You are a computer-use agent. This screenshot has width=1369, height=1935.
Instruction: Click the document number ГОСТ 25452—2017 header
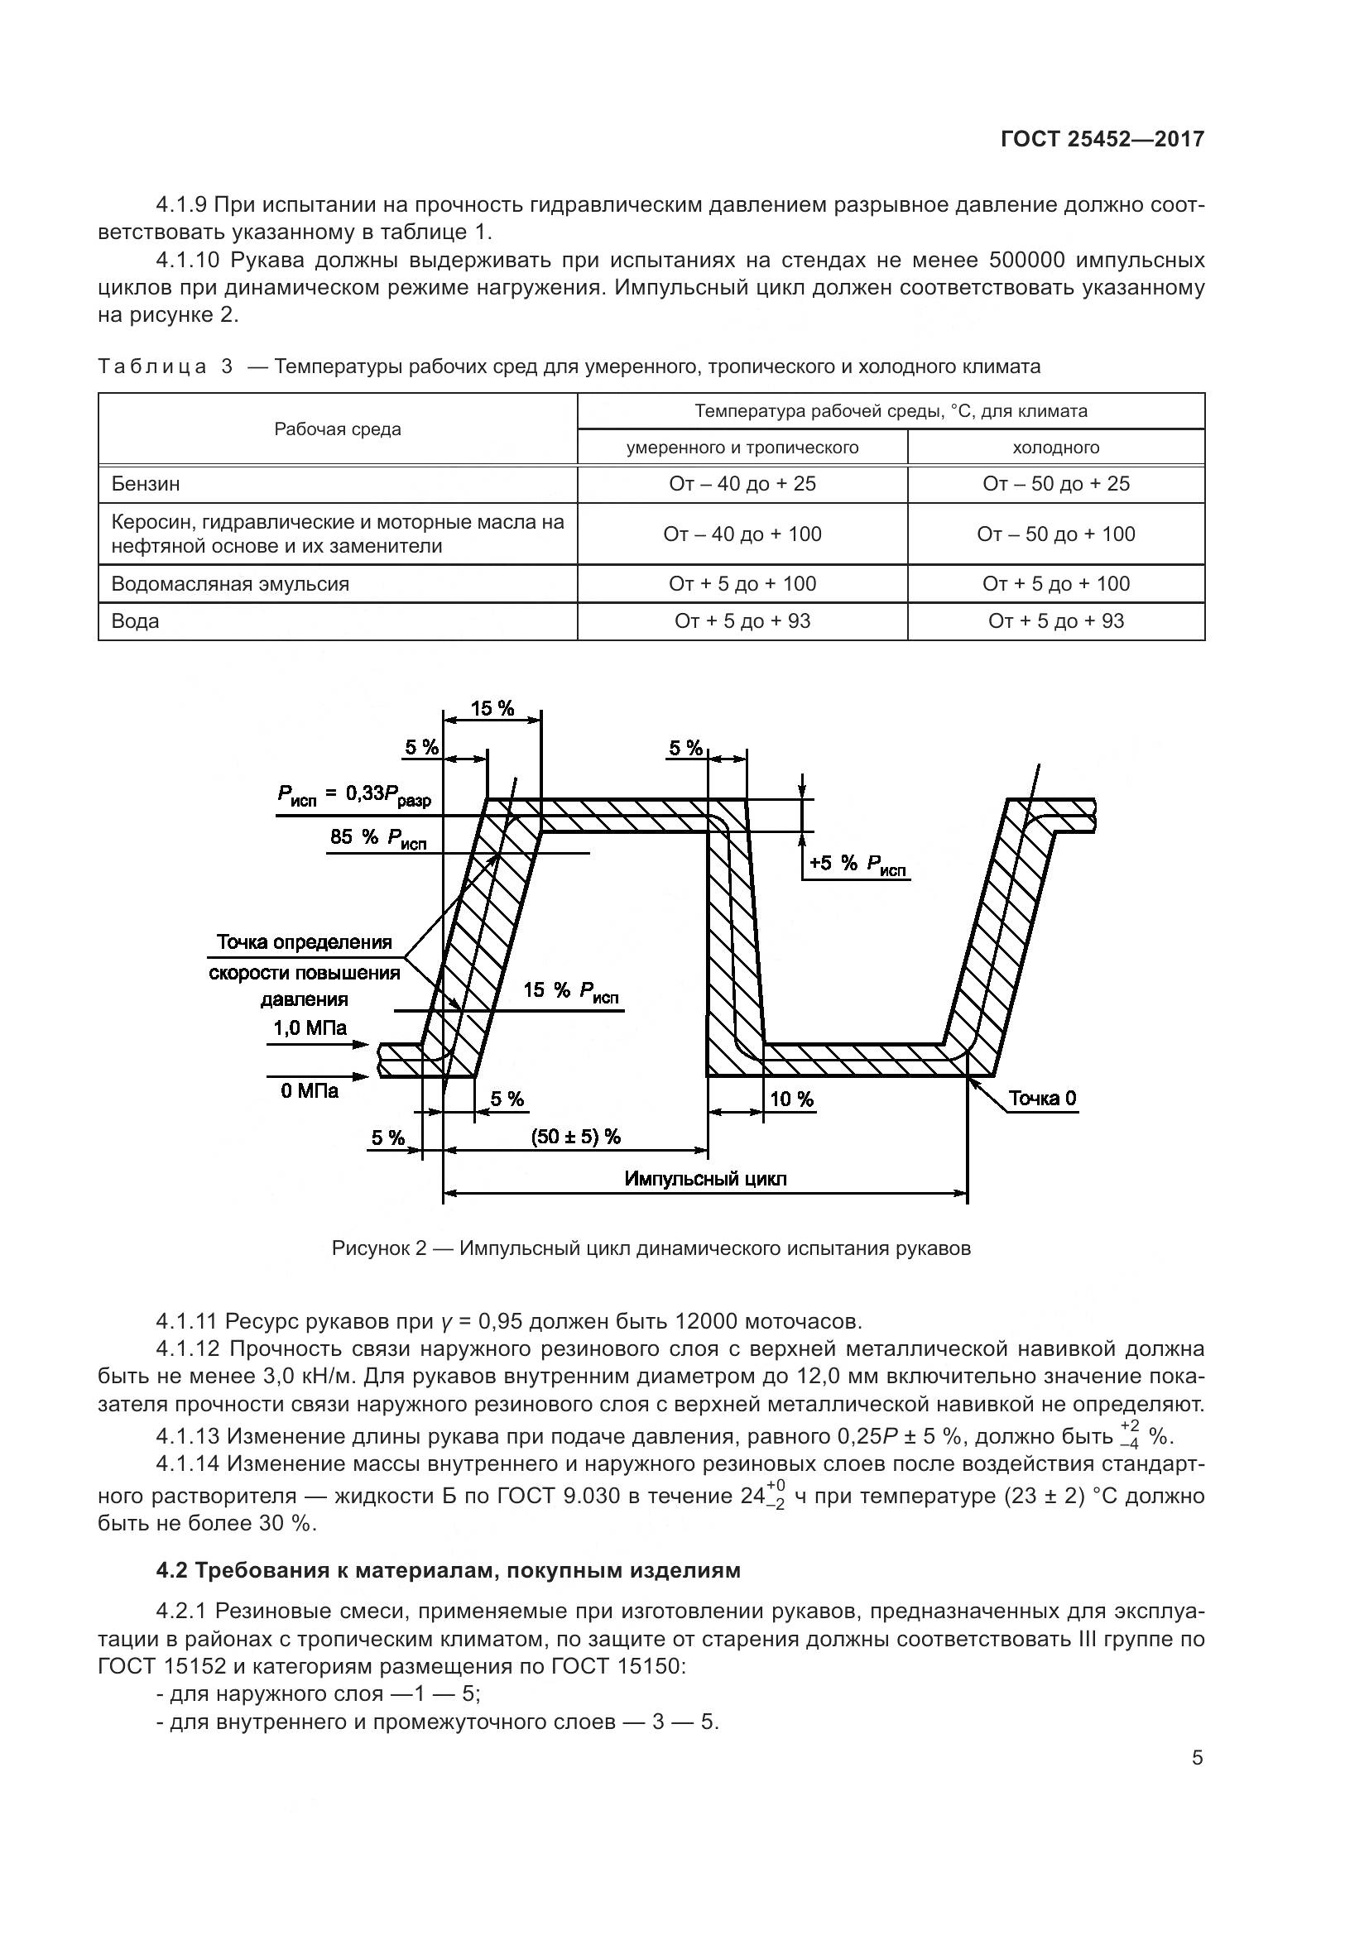coord(1102,139)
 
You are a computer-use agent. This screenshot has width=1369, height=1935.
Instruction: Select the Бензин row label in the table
coord(146,484)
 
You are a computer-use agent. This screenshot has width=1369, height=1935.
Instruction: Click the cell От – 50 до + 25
coord(1055,484)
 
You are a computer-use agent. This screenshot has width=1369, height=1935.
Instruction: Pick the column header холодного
coord(1055,448)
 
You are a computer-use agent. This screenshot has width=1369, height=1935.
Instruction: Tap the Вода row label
coord(135,621)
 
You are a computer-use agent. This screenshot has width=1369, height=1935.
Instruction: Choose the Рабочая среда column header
coord(337,429)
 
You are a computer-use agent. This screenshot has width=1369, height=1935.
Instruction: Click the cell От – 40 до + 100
coord(742,534)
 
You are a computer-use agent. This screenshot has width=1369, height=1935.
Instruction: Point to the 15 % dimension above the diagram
coord(492,708)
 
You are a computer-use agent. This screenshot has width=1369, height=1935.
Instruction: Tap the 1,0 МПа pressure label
coord(310,1027)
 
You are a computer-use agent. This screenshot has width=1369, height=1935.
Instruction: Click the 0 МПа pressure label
coord(310,1090)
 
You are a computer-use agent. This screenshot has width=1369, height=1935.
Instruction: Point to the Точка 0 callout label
coord(1042,1098)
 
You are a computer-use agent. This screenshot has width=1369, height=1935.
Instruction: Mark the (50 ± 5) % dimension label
coord(576,1137)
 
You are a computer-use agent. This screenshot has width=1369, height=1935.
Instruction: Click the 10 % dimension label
coord(791,1099)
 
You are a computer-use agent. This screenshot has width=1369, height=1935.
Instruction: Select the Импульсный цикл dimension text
coord(704,1178)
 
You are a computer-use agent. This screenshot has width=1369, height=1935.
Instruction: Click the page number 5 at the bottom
coord(1197,1757)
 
